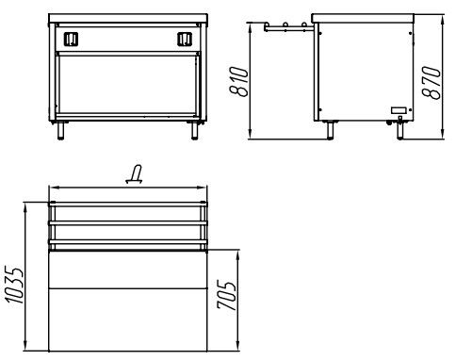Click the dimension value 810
tap(239, 81)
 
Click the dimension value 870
tap(431, 82)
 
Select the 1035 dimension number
tap(14, 286)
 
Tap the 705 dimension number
tap(226, 295)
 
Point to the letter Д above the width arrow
tap(135, 174)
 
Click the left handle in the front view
tap(71, 40)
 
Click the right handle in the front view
tap(185, 40)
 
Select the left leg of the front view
tap(60, 130)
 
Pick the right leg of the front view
tap(195, 130)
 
